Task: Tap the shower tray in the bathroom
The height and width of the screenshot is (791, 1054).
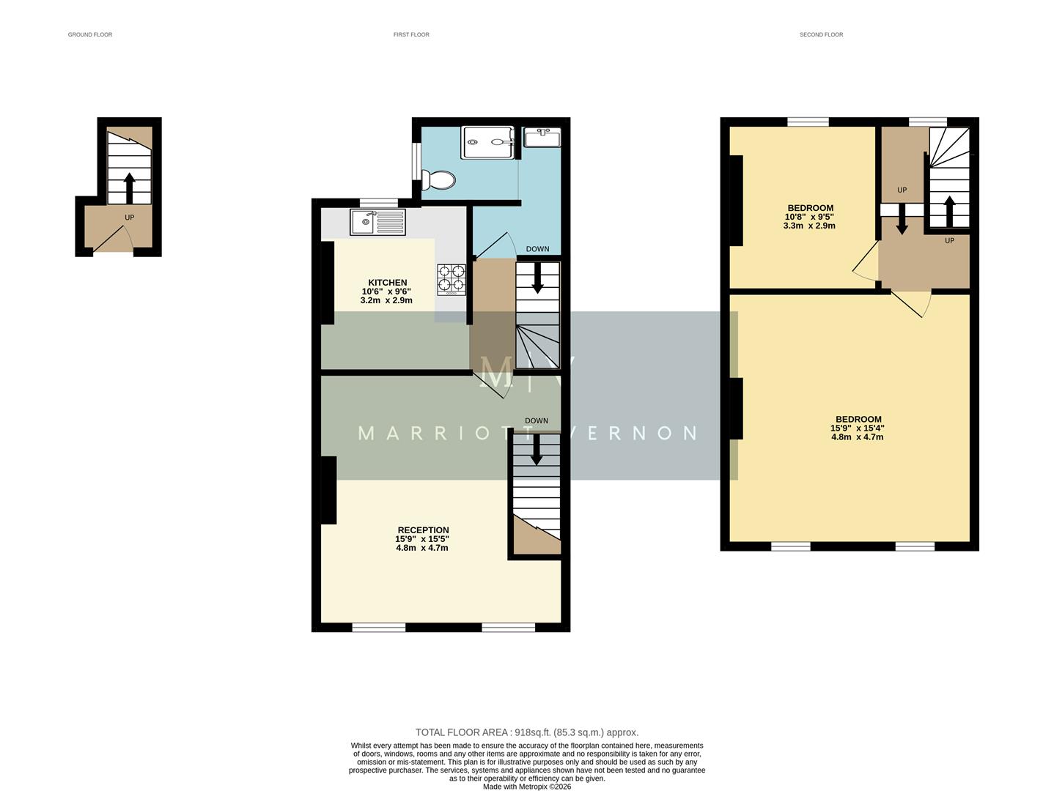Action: pos(487,143)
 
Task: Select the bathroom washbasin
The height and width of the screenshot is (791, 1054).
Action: pos(542,137)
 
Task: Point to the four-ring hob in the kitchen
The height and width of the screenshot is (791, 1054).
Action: pos(452,279)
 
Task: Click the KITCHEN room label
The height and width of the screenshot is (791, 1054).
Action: pos(387,283)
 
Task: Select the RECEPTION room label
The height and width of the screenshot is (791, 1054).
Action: pos(423,530)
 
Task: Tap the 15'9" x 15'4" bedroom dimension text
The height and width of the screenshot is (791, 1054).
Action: pos(857,428)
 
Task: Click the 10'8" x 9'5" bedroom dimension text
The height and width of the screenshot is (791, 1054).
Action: pos(809,217)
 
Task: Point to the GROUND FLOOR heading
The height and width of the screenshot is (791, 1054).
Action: pos(90,34)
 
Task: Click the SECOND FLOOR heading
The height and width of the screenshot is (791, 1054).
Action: pos(821,34)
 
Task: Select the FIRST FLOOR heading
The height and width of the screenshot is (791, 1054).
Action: pos(411,34)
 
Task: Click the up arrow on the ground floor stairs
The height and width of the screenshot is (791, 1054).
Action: pos(129,188)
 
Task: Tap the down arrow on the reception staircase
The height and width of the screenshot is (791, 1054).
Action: pos(537,449)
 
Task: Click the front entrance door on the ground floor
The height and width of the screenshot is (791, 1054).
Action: pos(114,238)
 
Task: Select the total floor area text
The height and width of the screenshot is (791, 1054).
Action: pos(526,732)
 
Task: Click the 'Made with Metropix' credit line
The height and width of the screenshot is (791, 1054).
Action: pos(526,787)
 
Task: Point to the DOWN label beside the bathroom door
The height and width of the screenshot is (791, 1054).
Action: pos(537,249)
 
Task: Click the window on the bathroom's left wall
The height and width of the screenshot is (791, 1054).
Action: pos(416,162)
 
